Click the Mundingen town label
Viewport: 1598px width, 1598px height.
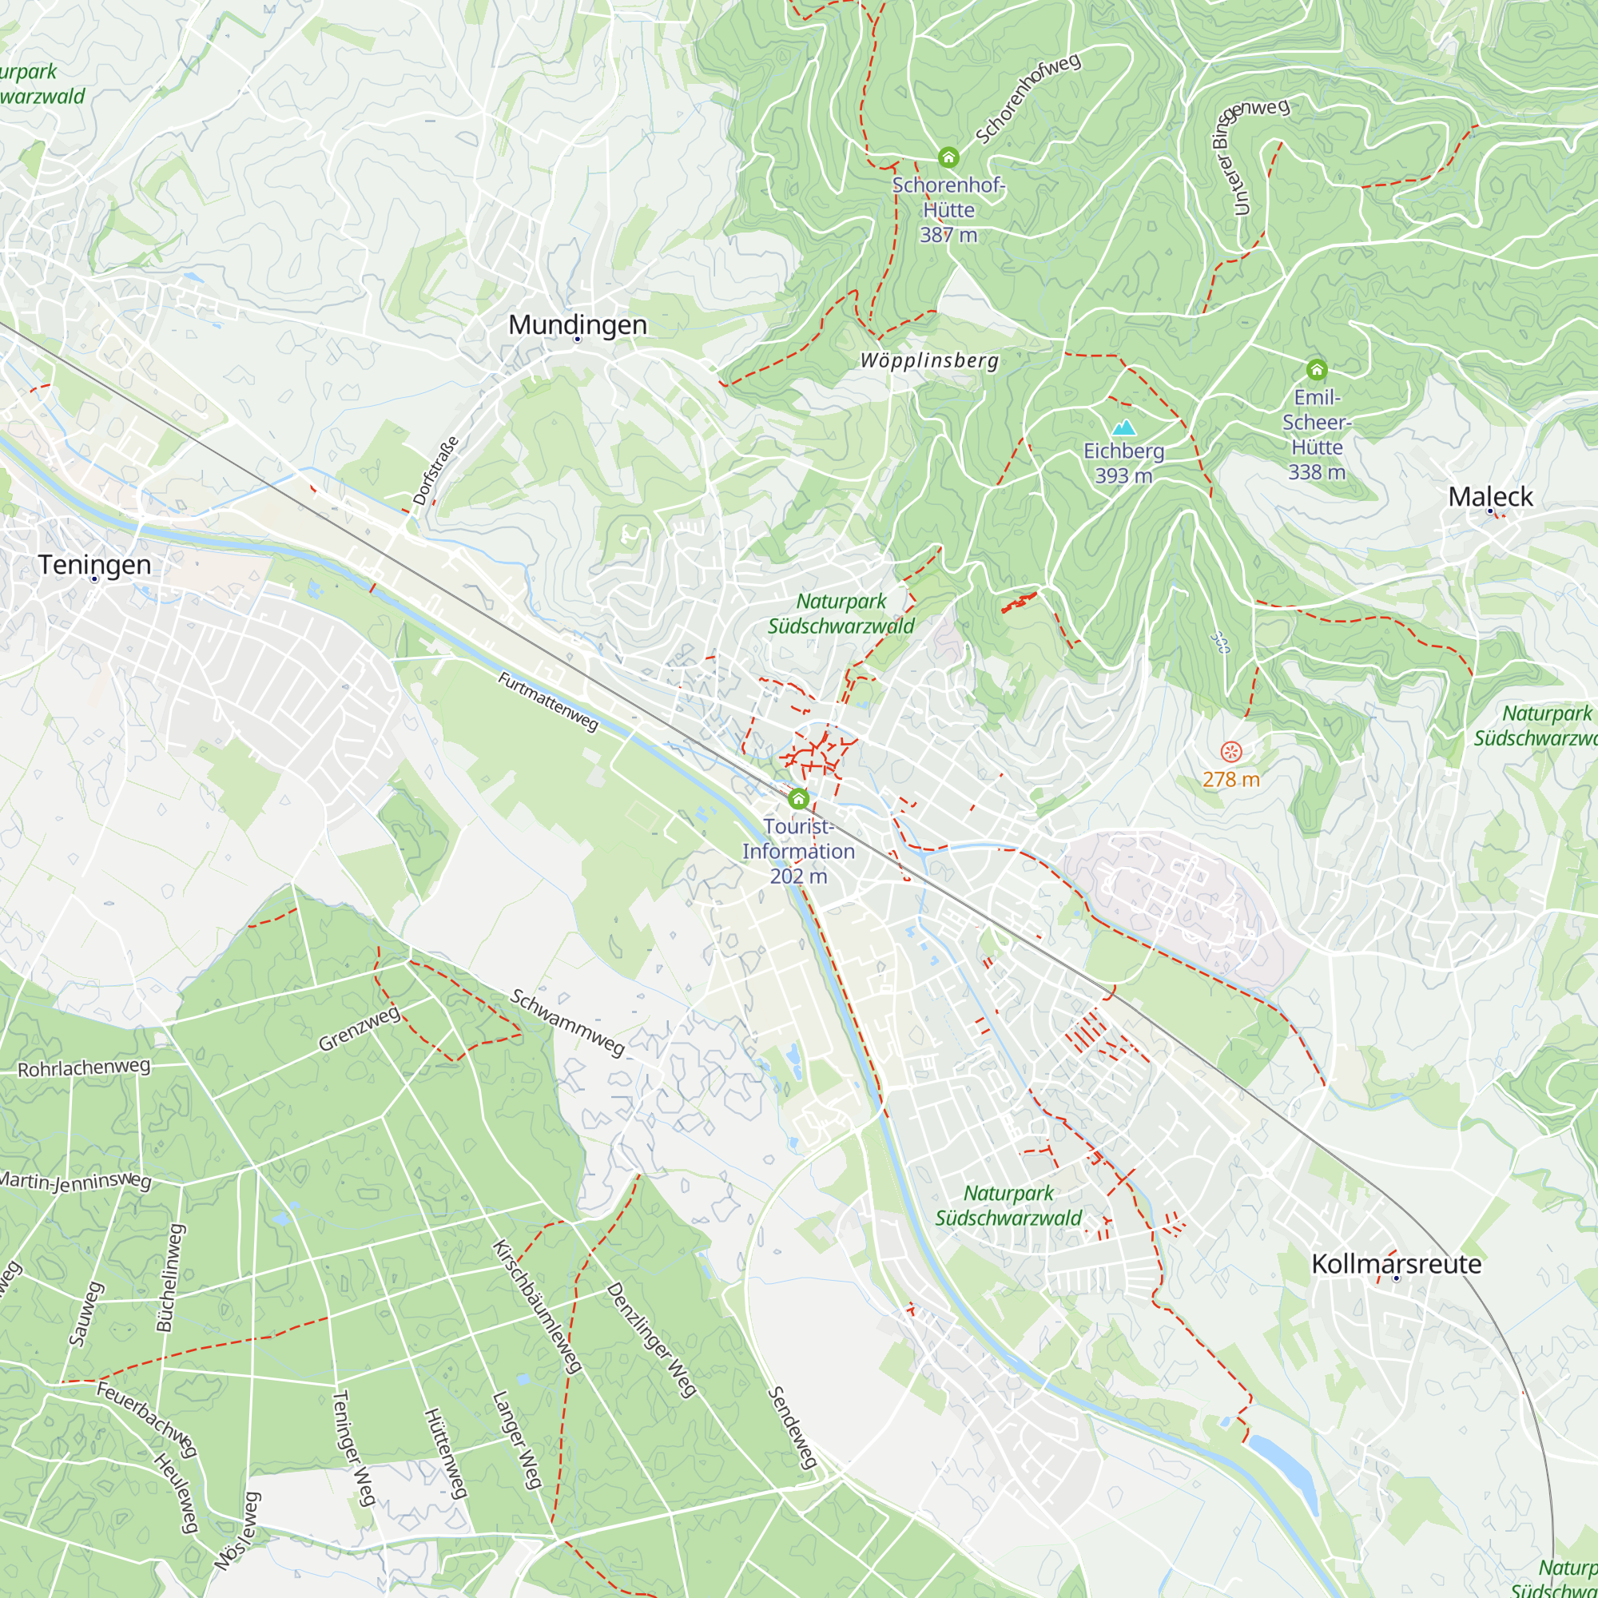coord(578,325)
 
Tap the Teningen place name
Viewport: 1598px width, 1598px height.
coord(94,565)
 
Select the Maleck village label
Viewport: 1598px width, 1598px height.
coord(1489,497)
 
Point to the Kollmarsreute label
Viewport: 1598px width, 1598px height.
coord(1396,1264)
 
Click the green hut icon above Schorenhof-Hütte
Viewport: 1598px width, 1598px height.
coord(948,157)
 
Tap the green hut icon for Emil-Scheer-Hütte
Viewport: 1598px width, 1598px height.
coord(1317,369)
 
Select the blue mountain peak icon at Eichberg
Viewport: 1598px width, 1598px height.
coord(1123,427)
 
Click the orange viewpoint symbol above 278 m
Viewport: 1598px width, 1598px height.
coord(1230,752)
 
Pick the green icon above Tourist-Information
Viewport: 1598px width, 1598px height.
coord(798,798)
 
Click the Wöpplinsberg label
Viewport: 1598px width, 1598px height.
coord(930,360)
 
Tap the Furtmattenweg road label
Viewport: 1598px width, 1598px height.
coord(547,702)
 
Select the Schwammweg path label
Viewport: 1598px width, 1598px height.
coord(567,1024)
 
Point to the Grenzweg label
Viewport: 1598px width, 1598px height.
coord(360,1029)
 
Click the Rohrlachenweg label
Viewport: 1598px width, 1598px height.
coord(84,1067)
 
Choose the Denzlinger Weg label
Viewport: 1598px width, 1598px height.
coord(652,1340)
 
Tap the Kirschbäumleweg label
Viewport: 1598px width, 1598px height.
coord(537,1307)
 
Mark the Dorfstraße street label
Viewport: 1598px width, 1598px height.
coord(435,471)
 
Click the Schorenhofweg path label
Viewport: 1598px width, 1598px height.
coord(1028,98)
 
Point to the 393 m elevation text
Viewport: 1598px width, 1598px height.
coord(1123,475)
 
